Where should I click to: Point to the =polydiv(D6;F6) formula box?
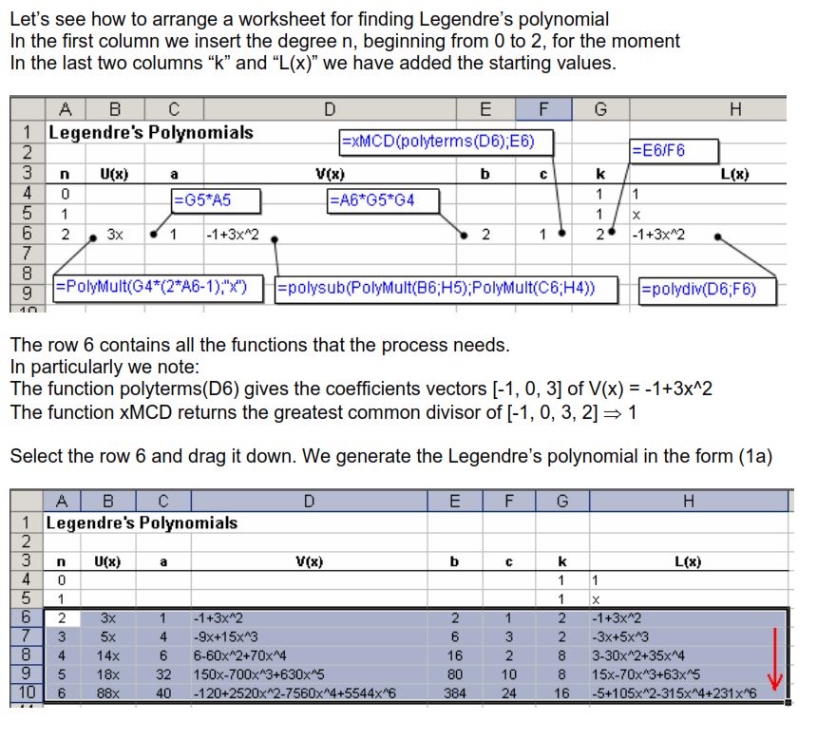(700, 289)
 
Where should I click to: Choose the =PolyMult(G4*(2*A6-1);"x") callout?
(158, 288)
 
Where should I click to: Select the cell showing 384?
(455, 693)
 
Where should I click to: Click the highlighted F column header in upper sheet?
(542, 108)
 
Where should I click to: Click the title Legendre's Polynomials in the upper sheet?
(151, 132)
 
